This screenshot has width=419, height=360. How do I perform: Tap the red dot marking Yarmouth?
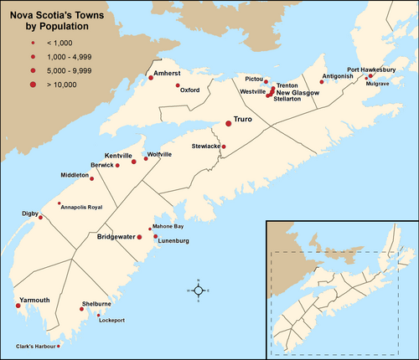pyautogui.click(x=18, y=306)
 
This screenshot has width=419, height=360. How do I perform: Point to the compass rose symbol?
pyautogui.click(x=196, y=290)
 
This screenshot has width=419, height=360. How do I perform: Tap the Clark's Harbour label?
pyautogui.click(x=35, y=346)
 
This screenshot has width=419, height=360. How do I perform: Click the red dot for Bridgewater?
pyautogui.click(x=140, y=237)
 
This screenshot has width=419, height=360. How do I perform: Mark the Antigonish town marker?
pyautogui.click(x=322, y=82)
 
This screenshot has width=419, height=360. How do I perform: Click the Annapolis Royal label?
pyautogui.click(x=81, y=206)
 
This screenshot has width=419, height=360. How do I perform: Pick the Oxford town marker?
pyautogui.click(x=178, y=85)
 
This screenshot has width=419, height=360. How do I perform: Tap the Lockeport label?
pyautogui.click(x=111, y=321)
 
